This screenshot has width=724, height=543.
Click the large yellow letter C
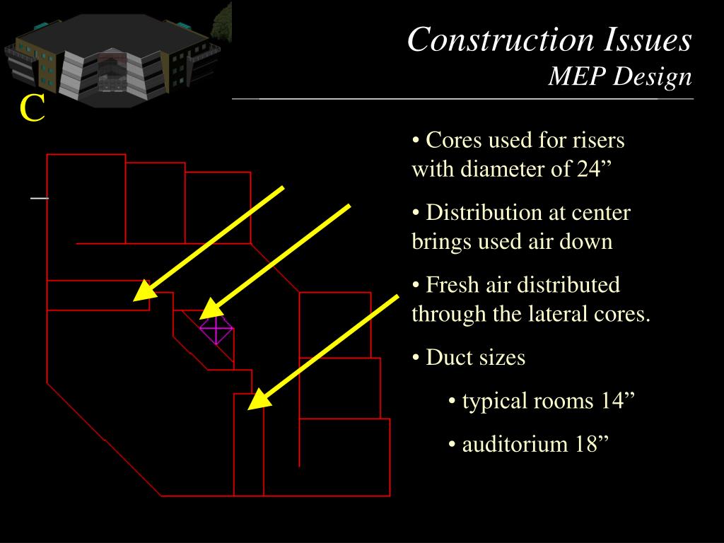(32, 108)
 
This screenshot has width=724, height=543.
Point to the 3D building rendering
(117, 57)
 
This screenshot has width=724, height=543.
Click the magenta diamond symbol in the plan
(216, 329)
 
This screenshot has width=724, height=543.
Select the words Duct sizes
(475, 357)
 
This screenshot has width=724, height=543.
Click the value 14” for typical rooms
(618, 401)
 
